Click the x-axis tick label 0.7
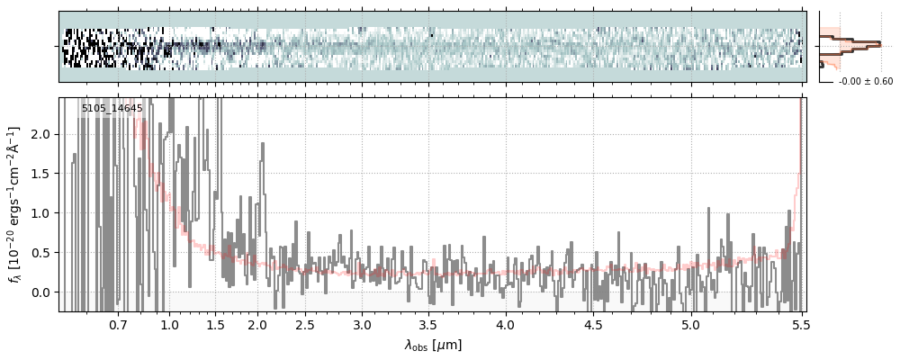click(x=118, y=324)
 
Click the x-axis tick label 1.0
click(x=169, y=324)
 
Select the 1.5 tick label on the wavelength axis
click(x=215, y=324)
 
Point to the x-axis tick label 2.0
click(x=257, y=324)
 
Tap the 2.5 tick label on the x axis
click(x=305, y=324)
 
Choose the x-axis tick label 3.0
click(x=362, y=324)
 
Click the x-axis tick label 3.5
click(x=429, y=324)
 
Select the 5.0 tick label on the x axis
click(x=690, y=324)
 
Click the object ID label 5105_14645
click(x=112, y=109)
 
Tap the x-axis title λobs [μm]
click(x=433, y=345)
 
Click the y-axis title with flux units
click(x=15, y=204)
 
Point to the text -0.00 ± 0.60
click(x=865, y=82)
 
